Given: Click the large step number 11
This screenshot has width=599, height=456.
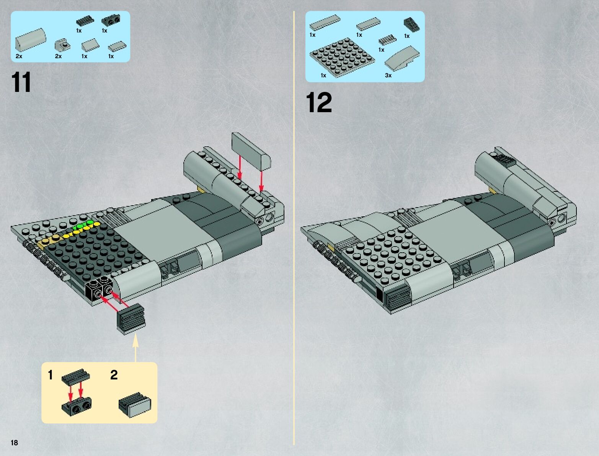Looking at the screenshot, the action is (21, 82).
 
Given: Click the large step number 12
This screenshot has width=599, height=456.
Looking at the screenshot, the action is (319, 102).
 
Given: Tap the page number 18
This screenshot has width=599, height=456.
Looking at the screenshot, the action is (14, 442).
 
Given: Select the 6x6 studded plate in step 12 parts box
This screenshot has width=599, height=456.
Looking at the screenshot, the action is (342, 57).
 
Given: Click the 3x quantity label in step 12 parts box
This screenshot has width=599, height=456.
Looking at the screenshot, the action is (388, 75).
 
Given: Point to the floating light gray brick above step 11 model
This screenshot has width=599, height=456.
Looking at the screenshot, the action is (251, 150).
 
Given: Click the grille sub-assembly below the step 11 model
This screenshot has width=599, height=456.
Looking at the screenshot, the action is (131, 319).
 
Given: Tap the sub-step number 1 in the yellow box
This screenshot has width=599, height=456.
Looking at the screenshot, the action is (50, 375).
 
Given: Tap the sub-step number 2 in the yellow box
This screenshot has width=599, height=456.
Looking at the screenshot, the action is (114, 375).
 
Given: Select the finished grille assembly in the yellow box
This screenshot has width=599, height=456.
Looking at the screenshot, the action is (135, 405).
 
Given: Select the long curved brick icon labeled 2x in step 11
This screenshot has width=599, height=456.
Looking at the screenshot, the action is (31, 39).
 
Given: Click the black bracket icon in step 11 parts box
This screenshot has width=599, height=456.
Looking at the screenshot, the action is (111, 21).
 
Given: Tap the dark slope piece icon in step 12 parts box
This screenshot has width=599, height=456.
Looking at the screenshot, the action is (411, 25).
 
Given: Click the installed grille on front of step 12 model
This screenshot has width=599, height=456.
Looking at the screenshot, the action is (397, 299).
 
